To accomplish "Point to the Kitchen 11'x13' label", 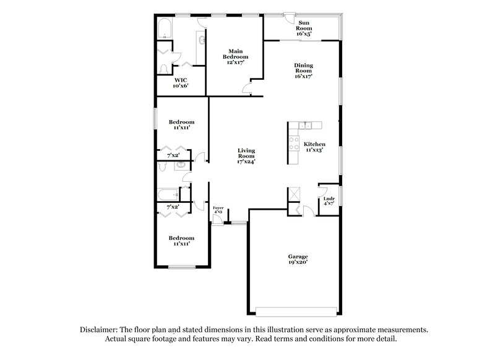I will point(314,147).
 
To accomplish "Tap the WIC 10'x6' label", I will point(181,83).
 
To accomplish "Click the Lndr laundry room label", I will point(329,201).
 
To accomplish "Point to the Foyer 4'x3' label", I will point(218,210).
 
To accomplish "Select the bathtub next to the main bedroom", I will point(165,29).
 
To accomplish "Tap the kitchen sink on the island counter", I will point(304,126).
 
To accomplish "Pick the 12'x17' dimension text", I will point(235,62).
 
